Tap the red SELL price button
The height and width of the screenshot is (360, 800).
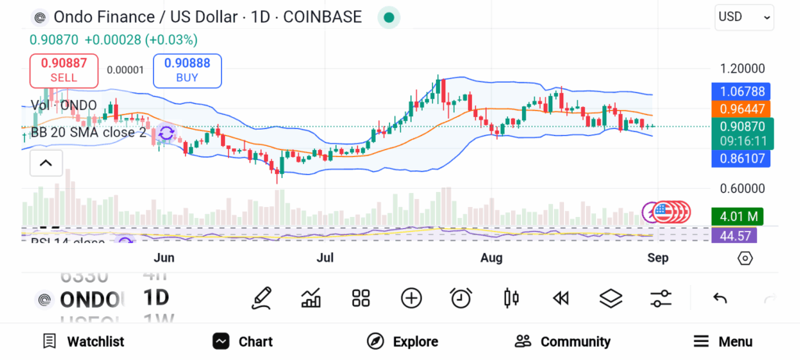tap(64, 70)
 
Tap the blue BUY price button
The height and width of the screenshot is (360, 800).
tap(187, 70)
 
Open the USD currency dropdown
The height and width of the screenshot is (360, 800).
tap(745, 16)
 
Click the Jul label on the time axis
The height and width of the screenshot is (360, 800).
tap(325, 258)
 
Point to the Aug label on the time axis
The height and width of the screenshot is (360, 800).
tap(491, 258)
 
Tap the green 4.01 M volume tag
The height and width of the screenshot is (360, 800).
tap(737, 216)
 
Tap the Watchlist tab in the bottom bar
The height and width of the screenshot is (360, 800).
tap(83, 341)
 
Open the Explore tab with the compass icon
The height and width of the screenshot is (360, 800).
tap(402, 341)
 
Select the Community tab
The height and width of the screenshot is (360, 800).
tap(562, 341)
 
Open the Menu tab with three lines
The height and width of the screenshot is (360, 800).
tap(723, 341)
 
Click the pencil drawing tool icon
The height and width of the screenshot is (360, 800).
tap(262, 298)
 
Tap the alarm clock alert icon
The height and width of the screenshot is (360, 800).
tap(461, 298)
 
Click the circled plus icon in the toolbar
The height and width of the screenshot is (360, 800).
tap(411, 298)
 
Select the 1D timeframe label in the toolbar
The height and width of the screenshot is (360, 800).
tap(156, 298)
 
